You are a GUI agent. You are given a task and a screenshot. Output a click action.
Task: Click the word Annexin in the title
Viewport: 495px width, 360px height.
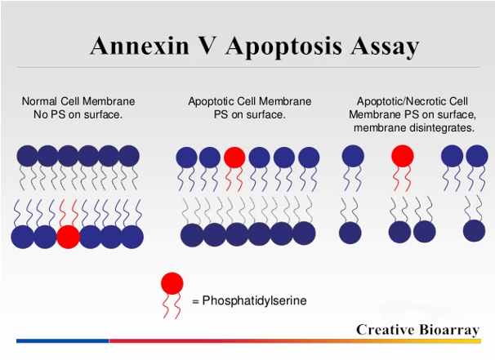coord(140,46)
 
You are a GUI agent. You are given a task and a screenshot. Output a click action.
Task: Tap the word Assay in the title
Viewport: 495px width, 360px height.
coord(385,47)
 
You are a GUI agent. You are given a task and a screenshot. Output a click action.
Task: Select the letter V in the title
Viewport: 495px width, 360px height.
coord(206,46)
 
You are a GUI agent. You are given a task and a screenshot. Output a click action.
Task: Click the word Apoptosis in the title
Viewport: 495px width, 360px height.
coord(283,47)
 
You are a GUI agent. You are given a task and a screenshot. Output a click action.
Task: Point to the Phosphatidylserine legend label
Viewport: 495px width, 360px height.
coord(255,300)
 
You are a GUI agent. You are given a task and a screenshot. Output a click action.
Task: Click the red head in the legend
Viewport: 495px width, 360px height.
coord(172,283)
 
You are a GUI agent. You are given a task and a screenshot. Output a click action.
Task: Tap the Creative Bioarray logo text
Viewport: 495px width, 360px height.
coord(418,330)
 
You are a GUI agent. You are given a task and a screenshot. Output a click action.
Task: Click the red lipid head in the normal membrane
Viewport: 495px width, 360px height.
coord(68,237)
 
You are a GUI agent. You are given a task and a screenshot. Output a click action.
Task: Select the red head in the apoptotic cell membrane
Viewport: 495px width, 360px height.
coord(234,157)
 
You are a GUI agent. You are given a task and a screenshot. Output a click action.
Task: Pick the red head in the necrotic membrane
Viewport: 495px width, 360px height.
coord(403,156)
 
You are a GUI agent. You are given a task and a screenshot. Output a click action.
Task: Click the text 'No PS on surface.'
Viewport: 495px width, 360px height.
coord(78,114)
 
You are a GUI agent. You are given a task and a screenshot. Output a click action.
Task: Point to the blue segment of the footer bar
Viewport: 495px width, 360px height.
coord(63,340)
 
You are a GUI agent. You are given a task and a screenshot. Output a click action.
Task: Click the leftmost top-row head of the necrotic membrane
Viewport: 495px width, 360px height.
coord(353,156)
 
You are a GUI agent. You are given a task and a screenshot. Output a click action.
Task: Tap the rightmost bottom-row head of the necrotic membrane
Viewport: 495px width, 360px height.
coord(474,231)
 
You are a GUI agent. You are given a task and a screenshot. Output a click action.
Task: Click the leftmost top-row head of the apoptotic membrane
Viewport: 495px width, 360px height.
coord(186,157)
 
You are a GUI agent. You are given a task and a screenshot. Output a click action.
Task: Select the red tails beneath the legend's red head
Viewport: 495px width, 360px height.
coord(172,305)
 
